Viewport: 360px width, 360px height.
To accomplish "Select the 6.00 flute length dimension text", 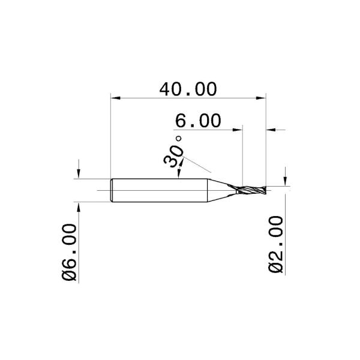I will (x=197, y=121).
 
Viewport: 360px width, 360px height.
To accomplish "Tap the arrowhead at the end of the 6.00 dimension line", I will (x=238, y=129).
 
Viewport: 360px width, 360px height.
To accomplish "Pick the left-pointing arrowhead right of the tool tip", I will (x=271, y=129).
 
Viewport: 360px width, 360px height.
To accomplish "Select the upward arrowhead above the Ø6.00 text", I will (x=79, y=206).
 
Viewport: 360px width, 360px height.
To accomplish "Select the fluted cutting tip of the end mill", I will (x=252, y=190).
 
